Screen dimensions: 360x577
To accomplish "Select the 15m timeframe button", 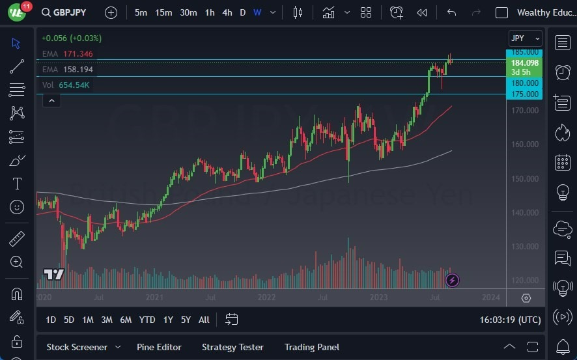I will point(163,12).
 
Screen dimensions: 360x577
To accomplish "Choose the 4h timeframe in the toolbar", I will point(227,12).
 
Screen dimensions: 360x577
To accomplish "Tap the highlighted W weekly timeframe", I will point(257,12).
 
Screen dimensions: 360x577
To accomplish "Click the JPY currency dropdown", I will point(525,38).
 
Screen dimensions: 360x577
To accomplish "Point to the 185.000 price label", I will point(525,52).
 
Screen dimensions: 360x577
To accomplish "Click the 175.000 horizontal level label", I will point(525,94).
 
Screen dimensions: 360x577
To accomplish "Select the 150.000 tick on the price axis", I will point(525,178).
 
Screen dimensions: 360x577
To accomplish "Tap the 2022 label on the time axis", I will point(266,298).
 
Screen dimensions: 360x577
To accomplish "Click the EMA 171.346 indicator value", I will point(78,53).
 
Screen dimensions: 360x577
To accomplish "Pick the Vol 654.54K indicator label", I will point(66,85).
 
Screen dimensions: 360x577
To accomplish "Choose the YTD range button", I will point(147,320).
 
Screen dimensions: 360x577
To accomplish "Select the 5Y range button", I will point(186,320).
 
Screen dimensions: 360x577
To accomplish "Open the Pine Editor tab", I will point(159,347).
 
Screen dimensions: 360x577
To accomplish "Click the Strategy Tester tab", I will point(232,347).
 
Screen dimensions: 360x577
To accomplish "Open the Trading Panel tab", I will point(312,347).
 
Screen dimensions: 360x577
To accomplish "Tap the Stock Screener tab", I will point(76,347).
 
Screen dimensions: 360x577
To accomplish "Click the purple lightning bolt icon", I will point(452,281).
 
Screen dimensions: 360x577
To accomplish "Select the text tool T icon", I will point(18,184).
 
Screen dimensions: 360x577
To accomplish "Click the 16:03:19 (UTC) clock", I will point(510,320).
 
